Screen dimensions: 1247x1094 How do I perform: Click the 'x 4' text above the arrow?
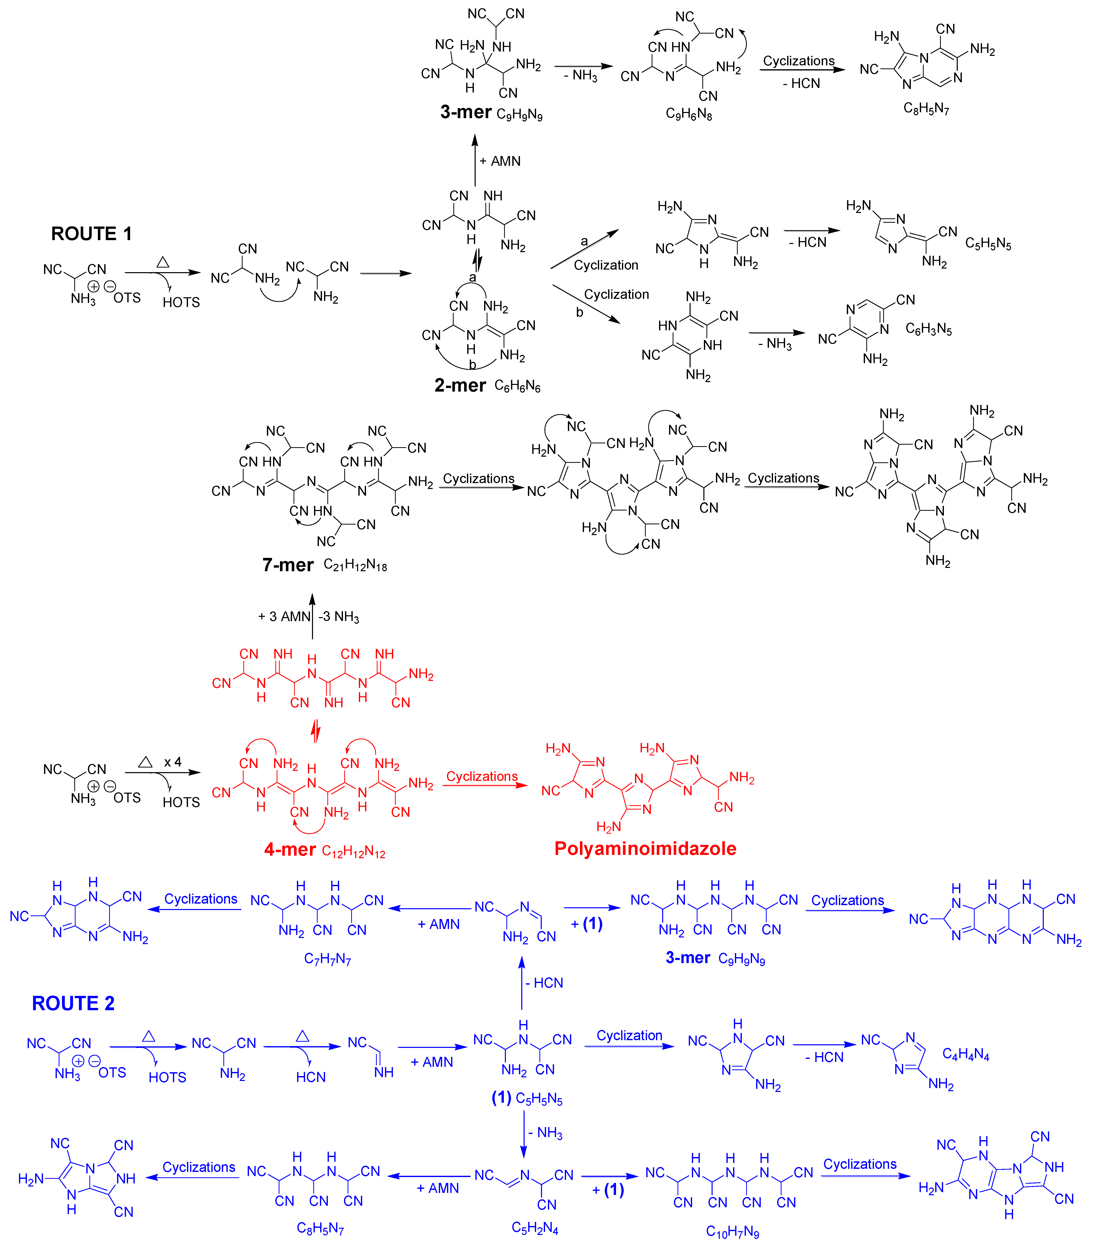point(173,762)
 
